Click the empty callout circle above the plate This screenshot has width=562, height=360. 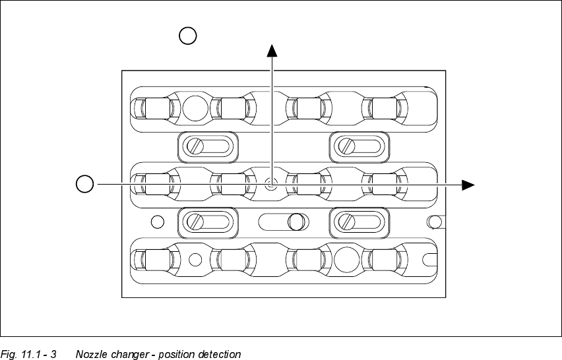tap(188, 36)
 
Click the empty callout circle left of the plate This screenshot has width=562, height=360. tap(84, 184)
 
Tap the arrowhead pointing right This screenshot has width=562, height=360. tap(468, 185)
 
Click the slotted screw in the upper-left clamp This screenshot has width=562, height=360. tap(195, 146)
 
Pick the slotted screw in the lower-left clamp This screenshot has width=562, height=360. tap(195, 222)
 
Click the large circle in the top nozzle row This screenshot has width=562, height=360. tap(195, 107)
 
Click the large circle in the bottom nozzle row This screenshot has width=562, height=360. tap(346, 259)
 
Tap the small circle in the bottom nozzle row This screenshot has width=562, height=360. tap(195, 259)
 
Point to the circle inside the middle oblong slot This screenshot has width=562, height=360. tap(297, 222)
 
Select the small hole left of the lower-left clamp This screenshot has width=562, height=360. tap(157, 222)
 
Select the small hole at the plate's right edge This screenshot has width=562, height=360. tap(434, 221)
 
